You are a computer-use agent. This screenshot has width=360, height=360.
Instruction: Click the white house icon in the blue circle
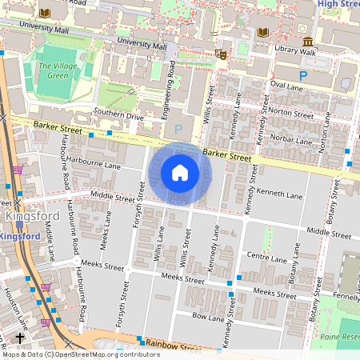tap(180, 173)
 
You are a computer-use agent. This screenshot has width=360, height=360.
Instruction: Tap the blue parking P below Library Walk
tap(303, 75)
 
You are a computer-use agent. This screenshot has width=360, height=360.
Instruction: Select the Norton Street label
tap(290, 114)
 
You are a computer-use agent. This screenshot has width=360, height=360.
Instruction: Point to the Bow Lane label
tap(209, 318)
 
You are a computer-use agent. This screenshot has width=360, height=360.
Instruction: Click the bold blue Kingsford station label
tap(19, 237)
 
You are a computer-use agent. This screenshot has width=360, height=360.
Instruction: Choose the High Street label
tap(338, 4)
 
